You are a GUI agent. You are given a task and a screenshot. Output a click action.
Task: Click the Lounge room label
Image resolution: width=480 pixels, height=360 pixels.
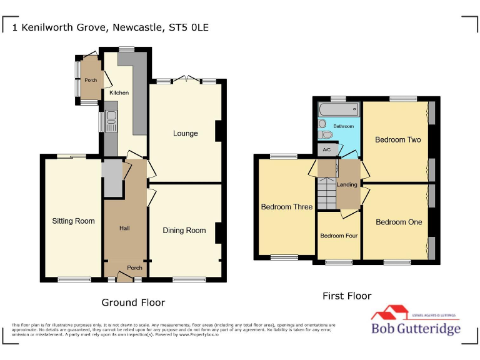click(186, 133)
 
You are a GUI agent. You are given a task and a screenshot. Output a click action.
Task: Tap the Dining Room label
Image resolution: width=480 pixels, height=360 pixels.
click(184, 231)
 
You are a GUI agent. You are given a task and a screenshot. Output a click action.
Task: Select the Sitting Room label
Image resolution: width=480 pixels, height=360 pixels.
click(73, 221)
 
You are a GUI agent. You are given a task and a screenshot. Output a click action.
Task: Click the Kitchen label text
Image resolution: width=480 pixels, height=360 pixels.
click(119, 93)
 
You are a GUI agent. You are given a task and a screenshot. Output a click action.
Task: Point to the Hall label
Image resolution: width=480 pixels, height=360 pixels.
click(124, 228)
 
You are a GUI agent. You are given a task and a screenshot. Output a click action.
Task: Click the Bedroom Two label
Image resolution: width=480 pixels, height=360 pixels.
click(397, 140)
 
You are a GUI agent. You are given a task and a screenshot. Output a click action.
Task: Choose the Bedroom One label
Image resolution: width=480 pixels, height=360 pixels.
click(399, 222)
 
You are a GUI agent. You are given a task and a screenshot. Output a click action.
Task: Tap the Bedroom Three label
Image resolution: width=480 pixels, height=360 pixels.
click(286, 207)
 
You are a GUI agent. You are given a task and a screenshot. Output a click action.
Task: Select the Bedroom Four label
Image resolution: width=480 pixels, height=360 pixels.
click(339, 236)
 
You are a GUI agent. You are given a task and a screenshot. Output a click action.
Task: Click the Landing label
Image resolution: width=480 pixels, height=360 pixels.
click(347, 185)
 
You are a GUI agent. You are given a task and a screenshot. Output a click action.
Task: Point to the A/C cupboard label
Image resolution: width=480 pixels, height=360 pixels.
click(326, 150)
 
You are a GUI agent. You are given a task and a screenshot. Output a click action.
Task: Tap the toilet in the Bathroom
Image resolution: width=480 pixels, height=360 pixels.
click(324, 134)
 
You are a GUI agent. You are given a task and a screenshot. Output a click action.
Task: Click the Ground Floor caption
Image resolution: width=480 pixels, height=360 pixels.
click(133, 302)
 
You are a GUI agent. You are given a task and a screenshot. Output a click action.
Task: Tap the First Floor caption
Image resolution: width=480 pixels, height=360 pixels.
click(346, 296)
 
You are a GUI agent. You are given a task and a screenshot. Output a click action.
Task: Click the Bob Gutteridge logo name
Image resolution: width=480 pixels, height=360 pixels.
click(416, 329)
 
